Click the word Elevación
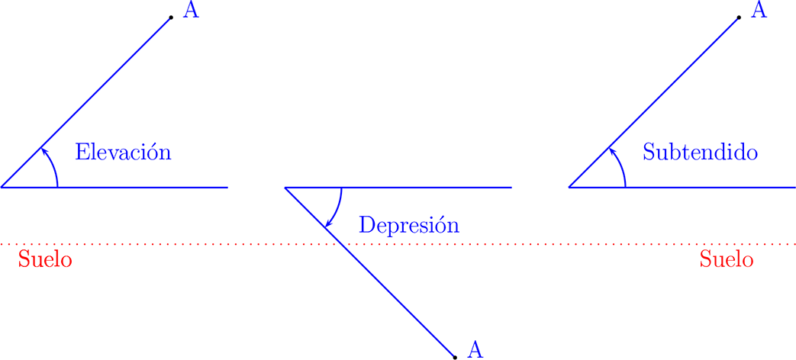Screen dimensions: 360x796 123,152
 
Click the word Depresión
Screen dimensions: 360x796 409,225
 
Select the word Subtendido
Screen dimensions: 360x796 700,152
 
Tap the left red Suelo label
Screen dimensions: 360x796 45,259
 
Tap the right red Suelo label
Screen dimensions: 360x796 726,259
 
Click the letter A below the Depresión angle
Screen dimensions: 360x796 475,349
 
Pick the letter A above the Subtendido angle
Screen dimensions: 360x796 759,11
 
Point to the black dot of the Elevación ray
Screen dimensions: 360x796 171,17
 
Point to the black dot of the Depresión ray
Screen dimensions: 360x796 455,356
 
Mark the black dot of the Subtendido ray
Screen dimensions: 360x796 739,17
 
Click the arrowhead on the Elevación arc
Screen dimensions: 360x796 43,149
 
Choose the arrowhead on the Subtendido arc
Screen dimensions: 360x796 611,149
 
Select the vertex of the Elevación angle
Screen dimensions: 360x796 2,186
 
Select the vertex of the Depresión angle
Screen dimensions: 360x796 285,187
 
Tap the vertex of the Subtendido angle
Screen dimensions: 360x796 569,186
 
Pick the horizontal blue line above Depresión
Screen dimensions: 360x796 427,187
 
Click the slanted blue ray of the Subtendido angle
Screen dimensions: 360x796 672,84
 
